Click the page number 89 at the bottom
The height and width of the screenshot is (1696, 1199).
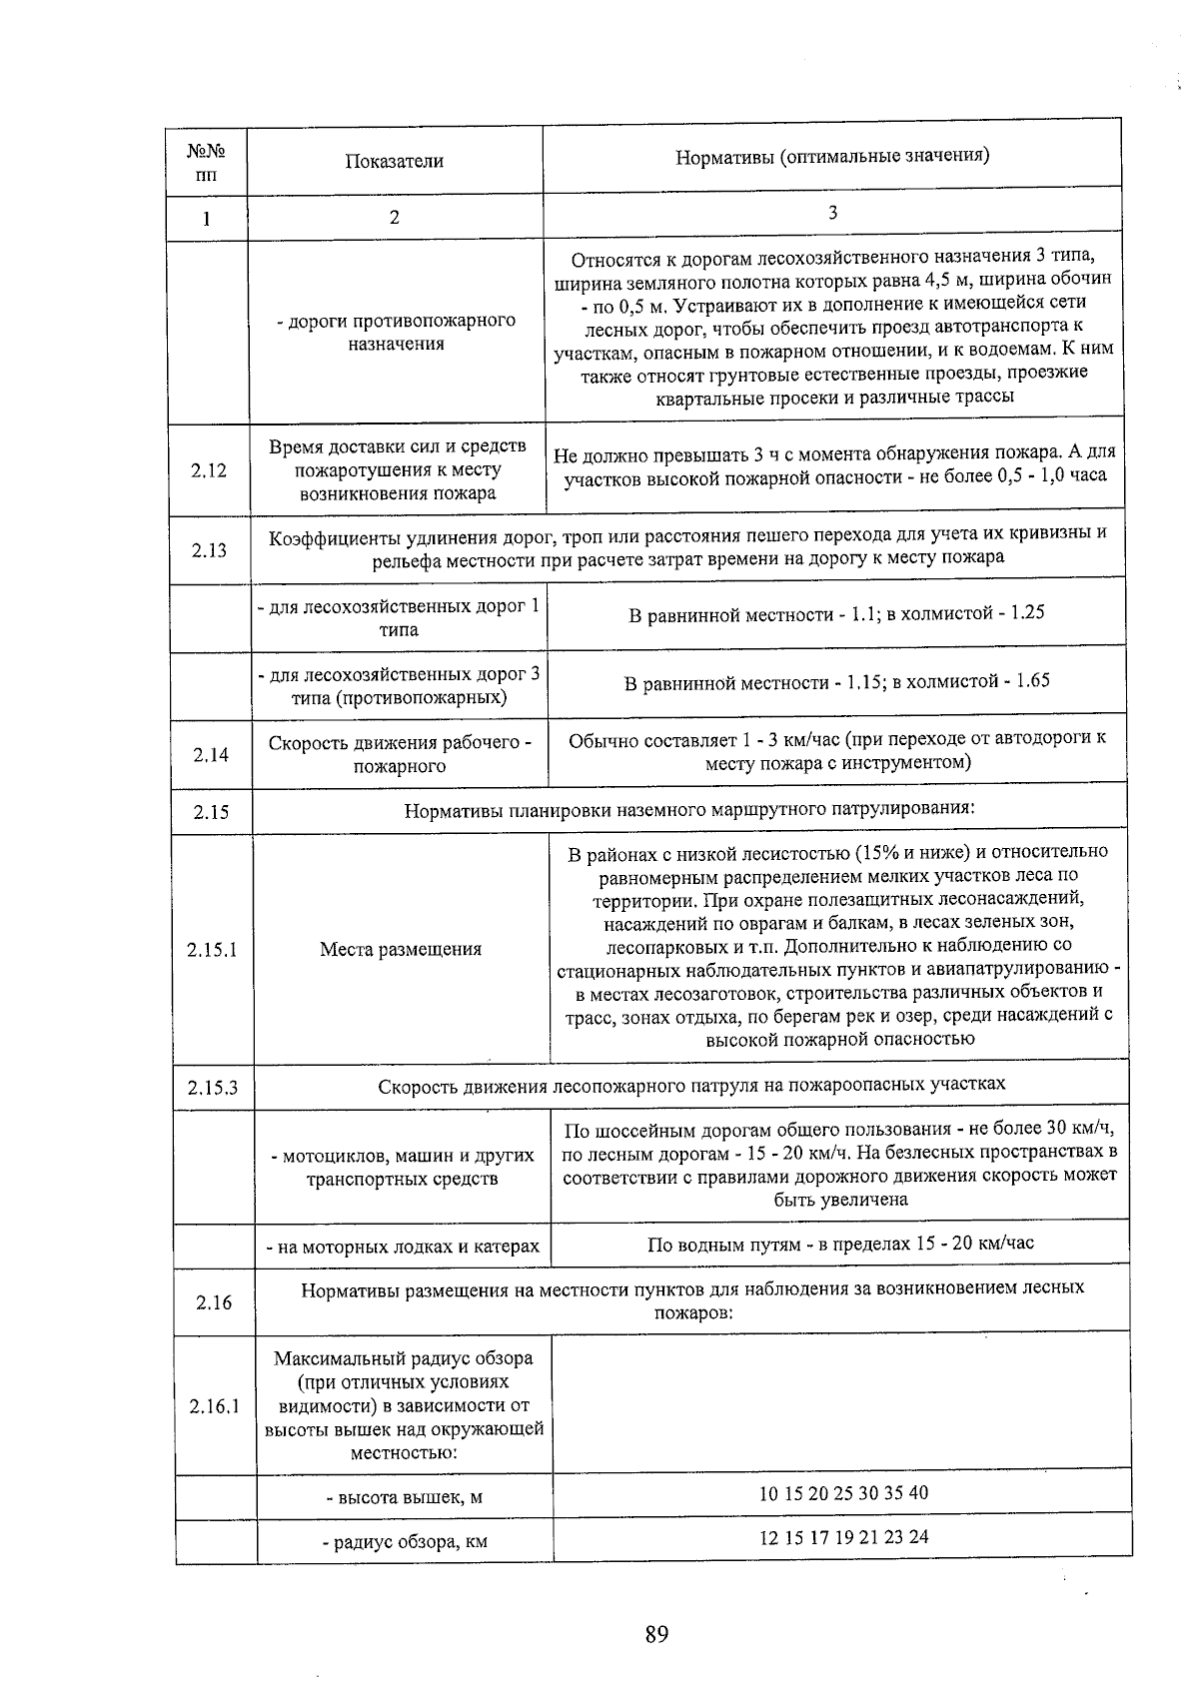(x=655, y=1634)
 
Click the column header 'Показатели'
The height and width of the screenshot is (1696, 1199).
(x=395, y=161)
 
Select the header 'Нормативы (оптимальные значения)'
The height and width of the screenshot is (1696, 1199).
(x=832, y=156)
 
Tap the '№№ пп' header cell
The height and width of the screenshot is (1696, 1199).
(x=206, y=164)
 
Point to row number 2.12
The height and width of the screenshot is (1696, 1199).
(x=209, y=470)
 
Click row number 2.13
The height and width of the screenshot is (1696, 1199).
(x=209, y=549)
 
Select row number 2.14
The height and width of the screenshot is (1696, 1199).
(x=211, y=754)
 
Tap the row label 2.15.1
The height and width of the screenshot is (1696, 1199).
(x=212, y=949)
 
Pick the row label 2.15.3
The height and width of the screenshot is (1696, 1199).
(x=213, y=1087)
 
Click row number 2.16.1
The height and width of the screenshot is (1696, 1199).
(x=214, y=1406)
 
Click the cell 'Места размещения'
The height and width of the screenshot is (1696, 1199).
(x=401, y=949)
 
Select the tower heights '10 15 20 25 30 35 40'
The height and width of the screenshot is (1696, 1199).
(x=843, y=1492)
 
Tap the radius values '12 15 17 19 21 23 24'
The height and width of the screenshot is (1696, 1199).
(x=843, y=1536)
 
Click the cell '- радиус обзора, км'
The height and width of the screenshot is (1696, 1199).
(x=405, y=1541)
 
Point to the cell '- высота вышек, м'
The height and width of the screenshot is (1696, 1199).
(x=405, y=1497)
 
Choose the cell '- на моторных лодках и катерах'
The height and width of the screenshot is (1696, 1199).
(x=403, y=1246)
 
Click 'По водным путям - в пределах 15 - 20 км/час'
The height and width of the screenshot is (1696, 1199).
(x=840, y=1243)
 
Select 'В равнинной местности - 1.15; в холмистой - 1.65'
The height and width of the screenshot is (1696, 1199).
(x=836, y=681)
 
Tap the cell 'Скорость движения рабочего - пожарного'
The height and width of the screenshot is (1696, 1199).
(x=400, y=754)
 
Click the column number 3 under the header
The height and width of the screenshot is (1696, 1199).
(x=832, y=212)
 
